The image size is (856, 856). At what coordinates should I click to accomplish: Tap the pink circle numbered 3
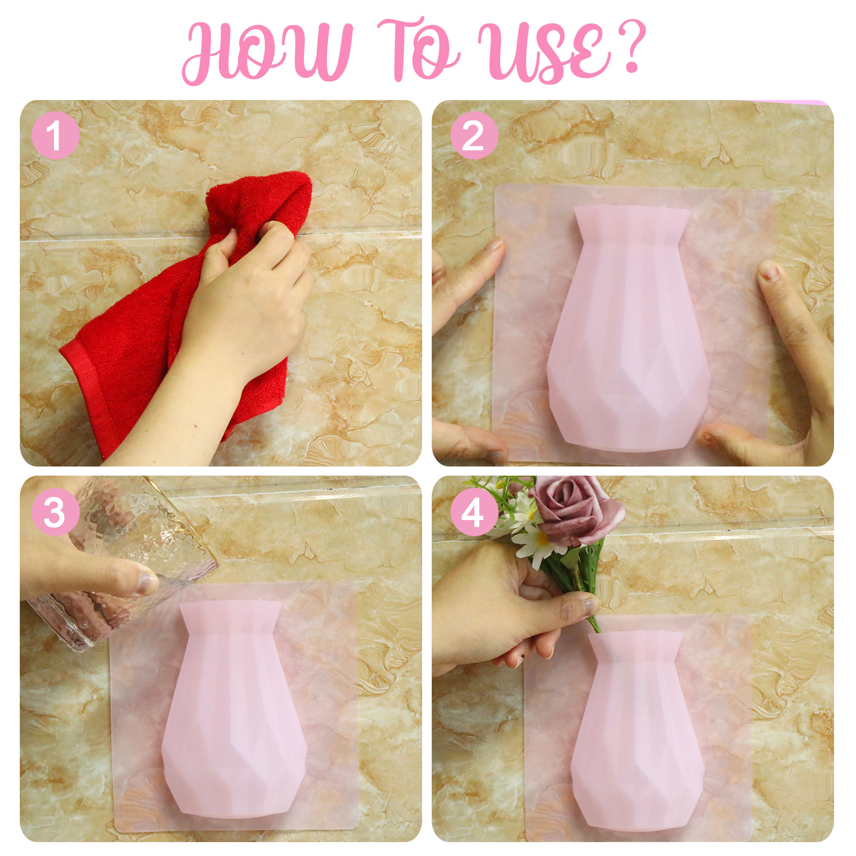click(x=56, y=512)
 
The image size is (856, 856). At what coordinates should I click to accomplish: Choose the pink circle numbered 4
click(x=474, y=512)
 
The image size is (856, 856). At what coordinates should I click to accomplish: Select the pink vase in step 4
click(x=637, y=733)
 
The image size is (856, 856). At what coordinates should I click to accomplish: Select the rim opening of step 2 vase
click(x=632, y=210)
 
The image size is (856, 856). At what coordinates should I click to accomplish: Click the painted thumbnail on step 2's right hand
click(x=769, y=270)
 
